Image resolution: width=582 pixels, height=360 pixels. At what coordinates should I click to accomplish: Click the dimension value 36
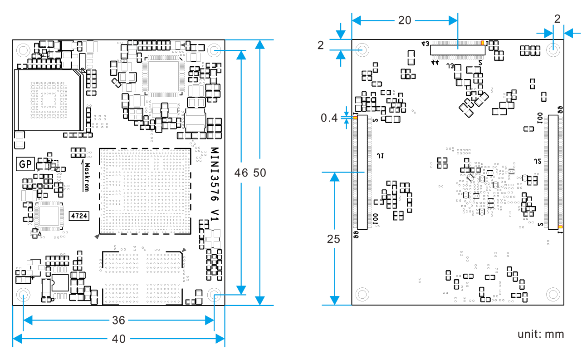(x=118, y=321)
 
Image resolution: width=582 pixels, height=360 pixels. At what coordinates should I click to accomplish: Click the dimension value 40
(x=118, y=339)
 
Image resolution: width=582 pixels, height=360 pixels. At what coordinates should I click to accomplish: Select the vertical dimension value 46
(x=241, y=173)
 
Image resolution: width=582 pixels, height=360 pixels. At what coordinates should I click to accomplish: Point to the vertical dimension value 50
(x=259, y=173)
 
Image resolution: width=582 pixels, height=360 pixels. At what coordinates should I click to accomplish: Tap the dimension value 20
(x=405, y=20)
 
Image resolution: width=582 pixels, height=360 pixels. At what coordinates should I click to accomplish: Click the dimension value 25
(x=333, y=239)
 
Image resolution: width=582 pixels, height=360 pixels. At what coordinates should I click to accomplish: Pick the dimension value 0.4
(x=329, y=118)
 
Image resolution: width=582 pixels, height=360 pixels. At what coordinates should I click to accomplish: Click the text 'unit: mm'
(x=541, y=334)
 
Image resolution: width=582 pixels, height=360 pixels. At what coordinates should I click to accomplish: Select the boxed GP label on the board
(x=25, y=164)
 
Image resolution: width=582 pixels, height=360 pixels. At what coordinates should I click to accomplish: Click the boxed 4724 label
(x=78, y=216)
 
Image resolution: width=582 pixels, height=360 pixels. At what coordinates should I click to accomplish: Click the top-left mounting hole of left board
(x=23, y=50)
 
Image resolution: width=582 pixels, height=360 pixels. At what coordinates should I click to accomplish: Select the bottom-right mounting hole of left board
(x=214, y=295)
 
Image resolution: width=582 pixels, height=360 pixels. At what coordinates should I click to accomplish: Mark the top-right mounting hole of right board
(x=553, y=50)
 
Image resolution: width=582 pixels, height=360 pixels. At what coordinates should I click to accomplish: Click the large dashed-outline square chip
(x=145, y=191)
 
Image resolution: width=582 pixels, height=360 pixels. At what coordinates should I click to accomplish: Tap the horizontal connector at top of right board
(x=457, y=49)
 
